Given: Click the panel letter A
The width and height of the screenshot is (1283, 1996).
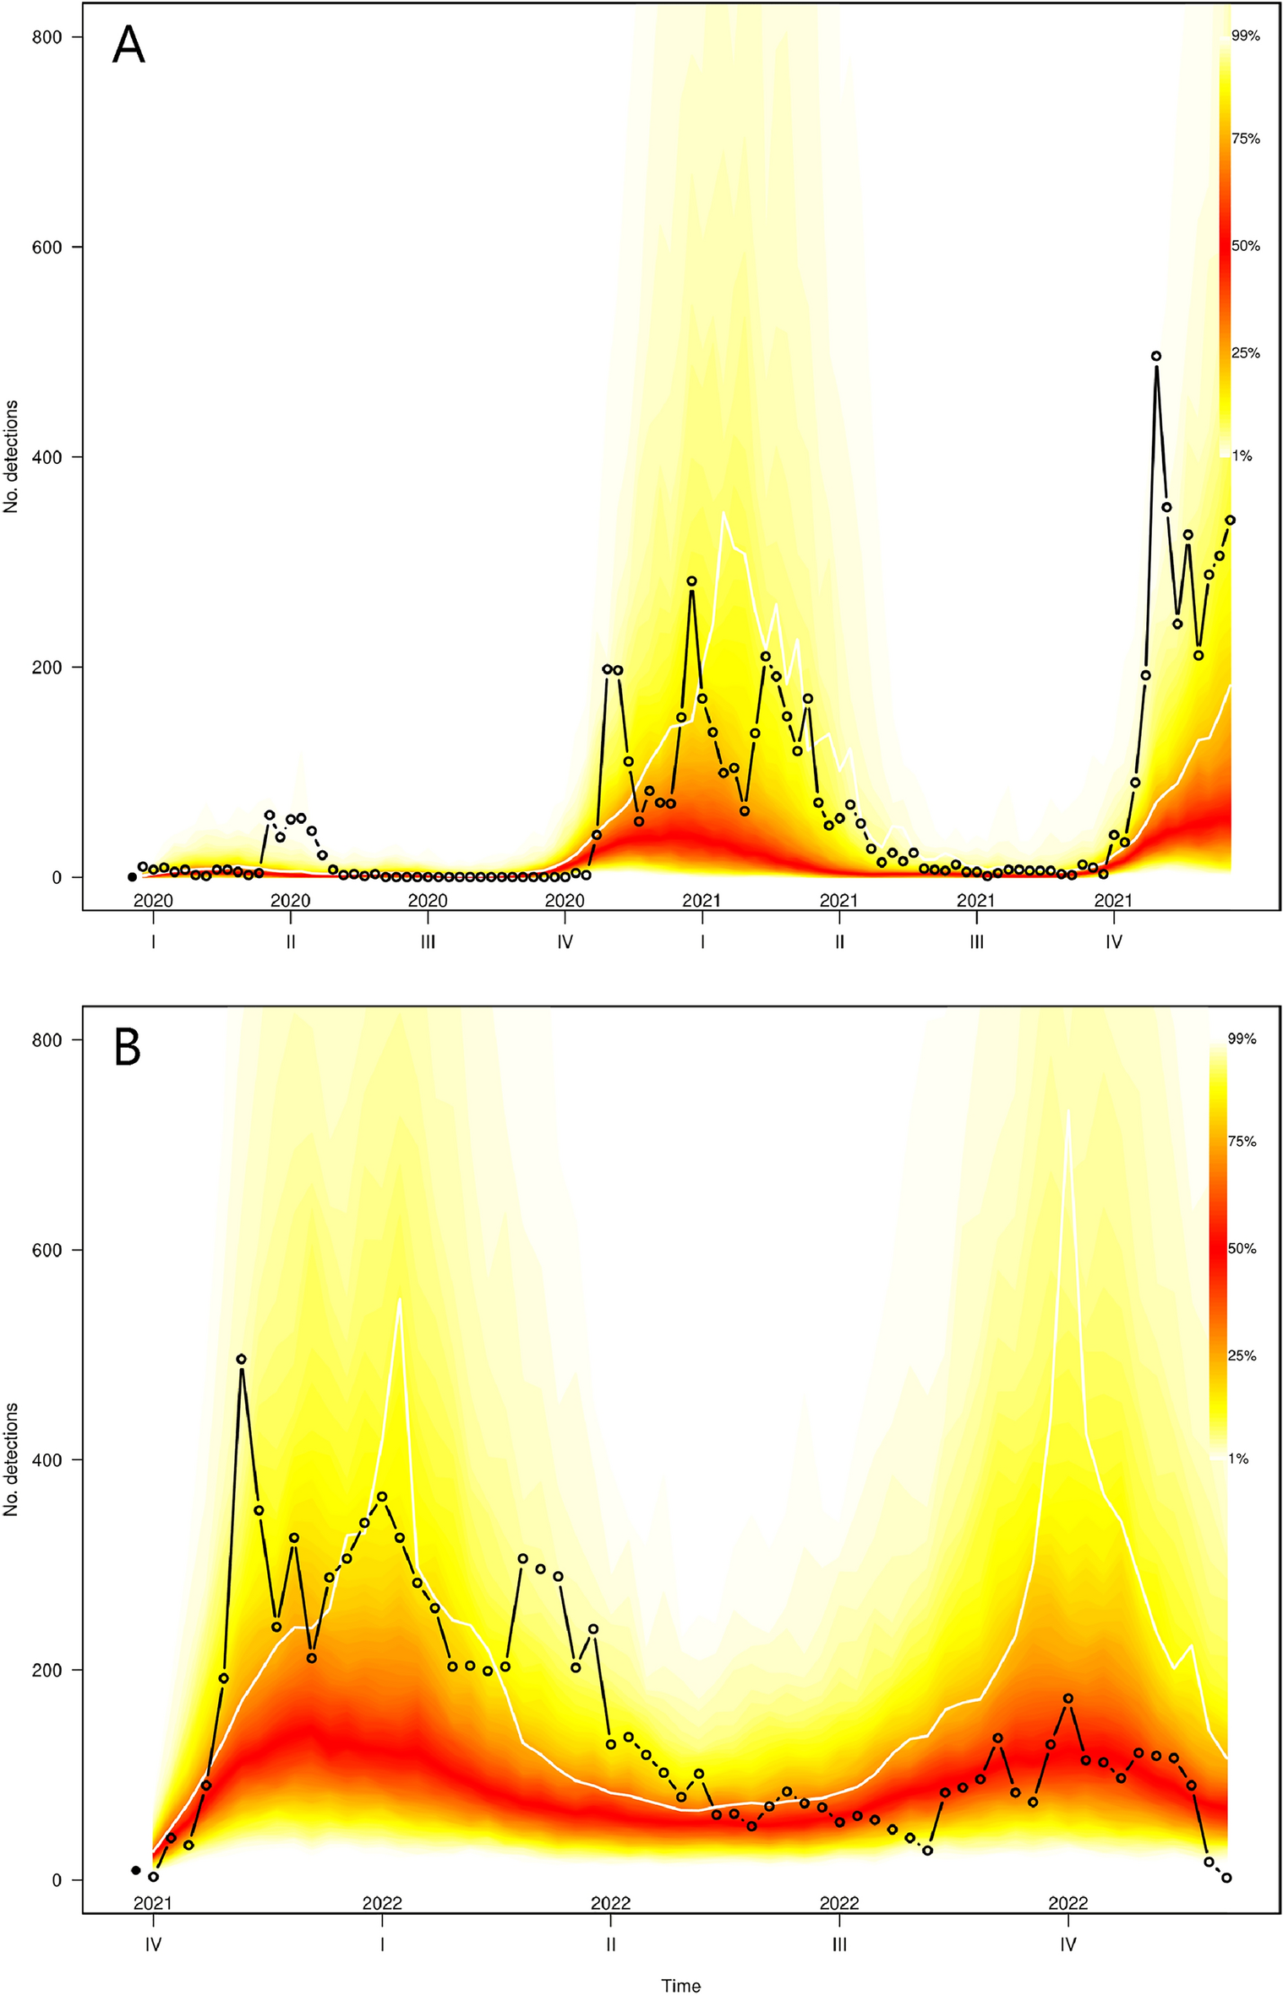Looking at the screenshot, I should pyautogui.click(x=128, y=46).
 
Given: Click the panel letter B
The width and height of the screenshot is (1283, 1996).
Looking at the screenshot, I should pyautogui.click(x=128, y=1048).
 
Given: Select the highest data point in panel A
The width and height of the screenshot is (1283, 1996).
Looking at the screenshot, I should pyautogui.click(x=1156, y=357).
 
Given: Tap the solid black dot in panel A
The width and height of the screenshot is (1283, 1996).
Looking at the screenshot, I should pyautogui.click(x=132, y=877).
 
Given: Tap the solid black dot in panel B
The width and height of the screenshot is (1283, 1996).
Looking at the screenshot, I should pyautogui.click(x=135, y=1870).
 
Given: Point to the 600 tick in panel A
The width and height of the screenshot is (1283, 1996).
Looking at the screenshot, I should pyautogui.click(x=54, y=247).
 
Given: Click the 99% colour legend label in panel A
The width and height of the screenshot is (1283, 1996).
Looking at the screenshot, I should pyautogui.click(x=1245, y=36).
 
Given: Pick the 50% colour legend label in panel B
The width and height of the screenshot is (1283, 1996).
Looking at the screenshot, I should pyautogui.click(x=1241, y=1248).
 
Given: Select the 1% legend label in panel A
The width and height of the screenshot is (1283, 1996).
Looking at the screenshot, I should pyautogui.click(x=1242, y=456).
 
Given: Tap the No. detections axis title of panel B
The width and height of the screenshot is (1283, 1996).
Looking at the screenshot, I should pyautogui.click(x=12, y=1459).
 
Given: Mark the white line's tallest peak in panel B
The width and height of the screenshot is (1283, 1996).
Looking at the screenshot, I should pyautogui.click(x=1068, y=1110).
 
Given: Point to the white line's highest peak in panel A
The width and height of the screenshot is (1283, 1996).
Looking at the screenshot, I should pyautogui.click(x=723, y=513).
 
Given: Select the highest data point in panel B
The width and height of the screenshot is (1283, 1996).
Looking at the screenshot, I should pyautogui.click(x=241, y=1359).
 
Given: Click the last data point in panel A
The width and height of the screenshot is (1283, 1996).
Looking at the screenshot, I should pyautogui.click(x=1230, y=520).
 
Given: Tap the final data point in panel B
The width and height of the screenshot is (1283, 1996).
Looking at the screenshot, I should pyautogui.click(x=1226, y=1878).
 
